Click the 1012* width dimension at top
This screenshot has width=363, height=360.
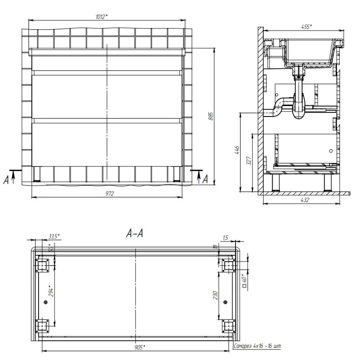[x=102, y=17]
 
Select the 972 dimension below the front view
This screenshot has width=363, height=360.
[x=110, y=194]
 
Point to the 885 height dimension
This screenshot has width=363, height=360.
[x=211, y=116]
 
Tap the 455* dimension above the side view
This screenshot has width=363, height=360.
[x=306, y=27]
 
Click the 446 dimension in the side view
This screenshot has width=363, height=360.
[x=237, y=151]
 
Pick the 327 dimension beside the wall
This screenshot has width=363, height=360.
[x=249, y=161]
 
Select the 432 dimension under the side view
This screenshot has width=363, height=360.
[x=304, y=199]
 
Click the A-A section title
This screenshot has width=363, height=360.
[x=134, y=233]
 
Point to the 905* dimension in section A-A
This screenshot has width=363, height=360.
[x=140, y=347]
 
